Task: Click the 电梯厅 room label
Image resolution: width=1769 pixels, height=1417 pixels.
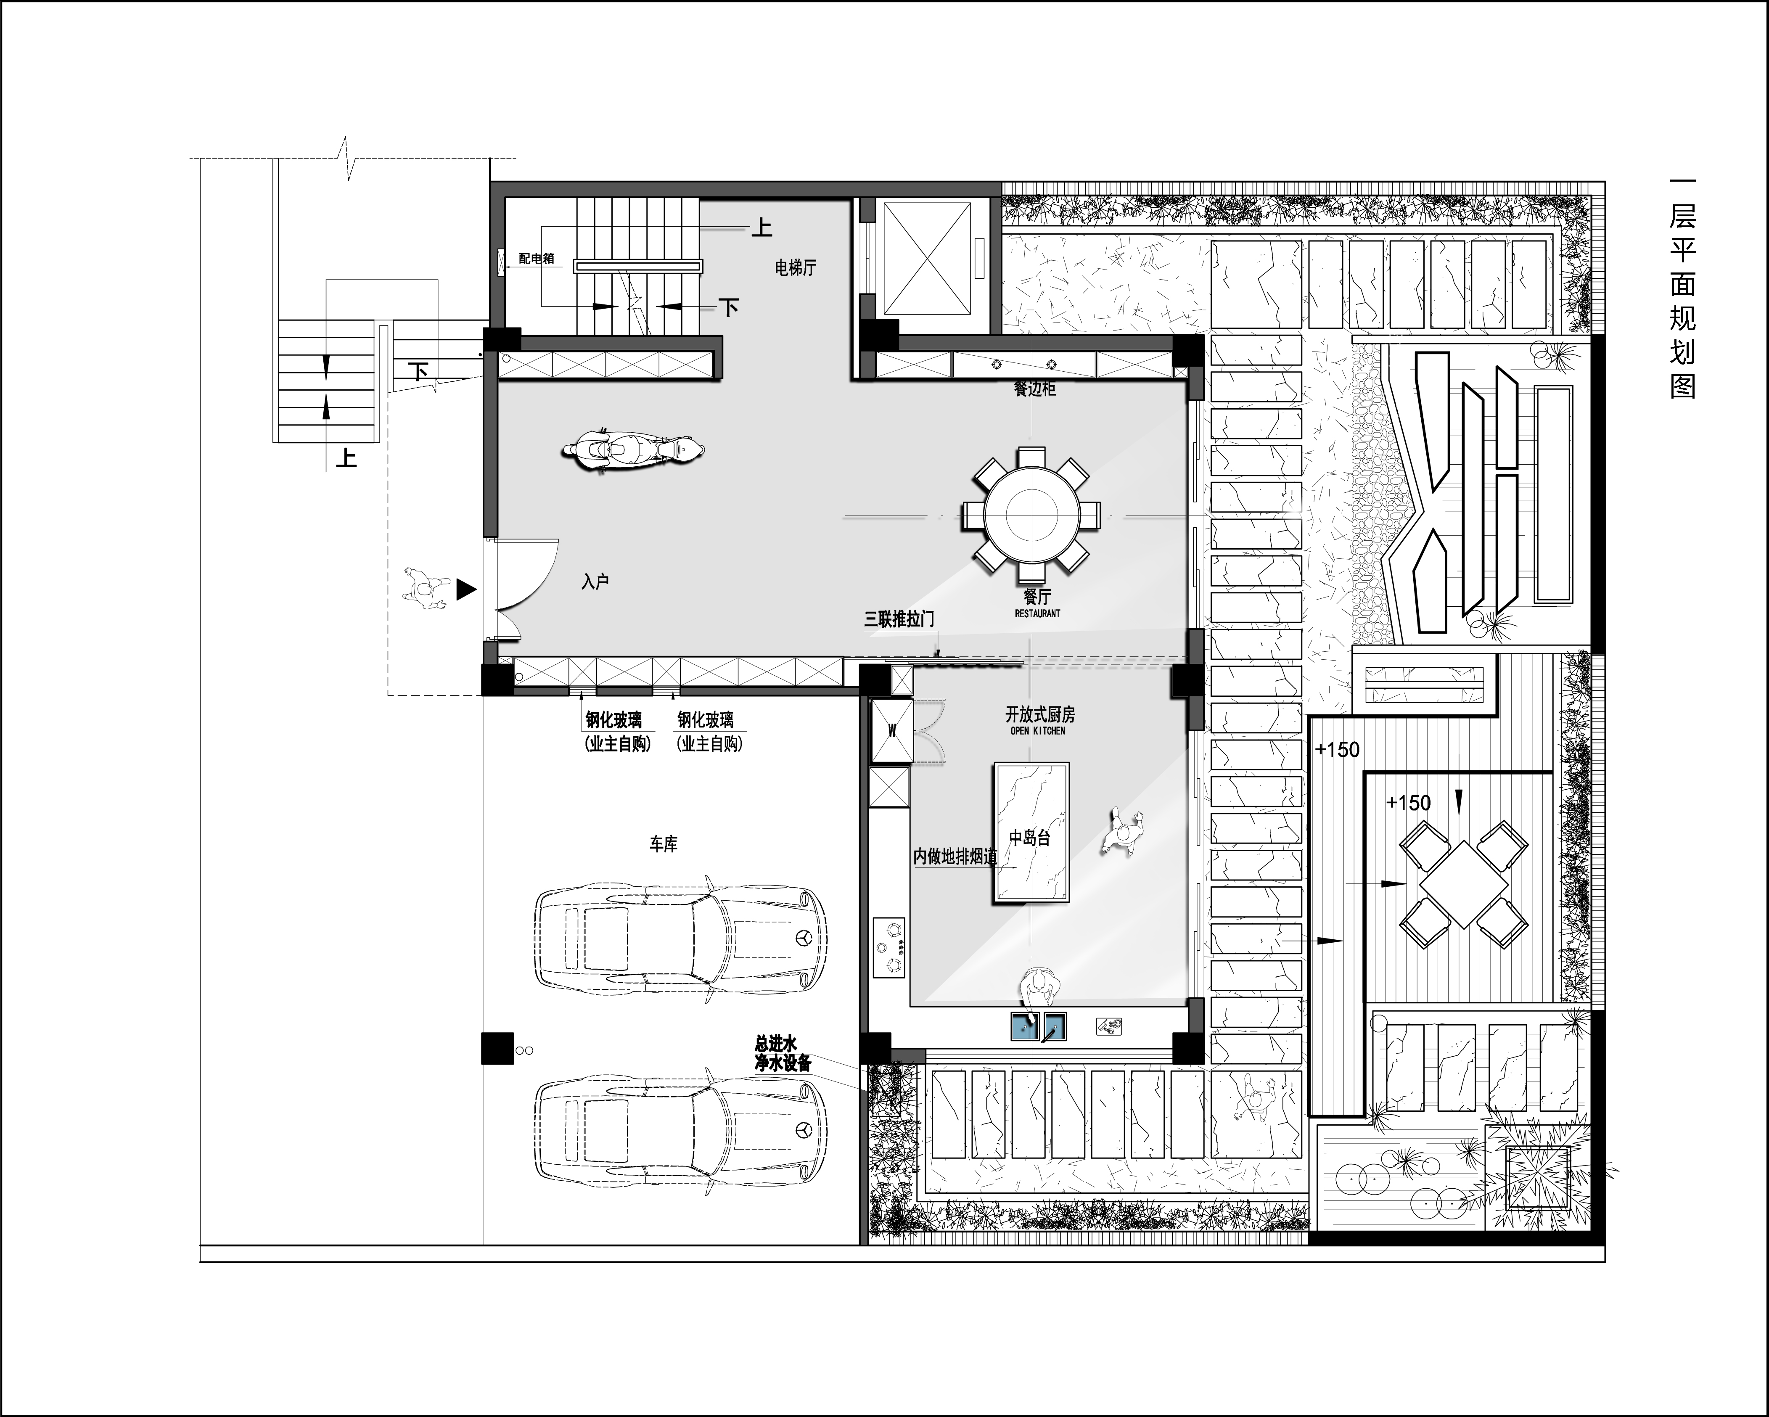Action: (795, 267)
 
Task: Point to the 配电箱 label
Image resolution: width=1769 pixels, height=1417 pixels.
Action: (537, 259)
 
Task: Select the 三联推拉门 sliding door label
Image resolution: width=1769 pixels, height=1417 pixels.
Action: (899, 619)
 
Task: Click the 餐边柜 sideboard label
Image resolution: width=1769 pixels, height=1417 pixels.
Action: (1035, 389)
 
